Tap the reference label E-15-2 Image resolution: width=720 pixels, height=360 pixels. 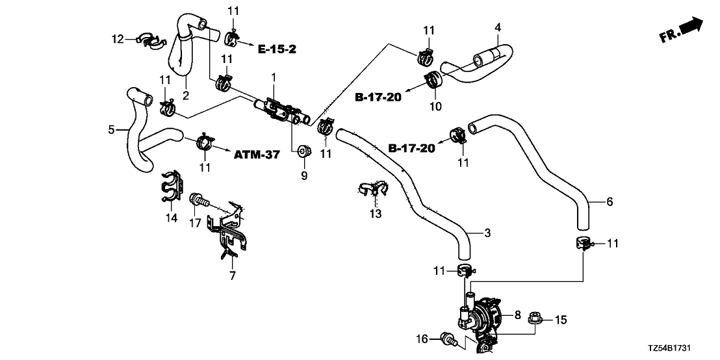click(277, 49)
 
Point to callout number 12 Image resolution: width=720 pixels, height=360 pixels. click(116, 40)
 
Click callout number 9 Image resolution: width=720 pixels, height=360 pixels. click(302, 175)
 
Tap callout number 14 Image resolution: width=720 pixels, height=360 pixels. click(171, 218)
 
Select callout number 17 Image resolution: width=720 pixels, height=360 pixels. click(194, 224)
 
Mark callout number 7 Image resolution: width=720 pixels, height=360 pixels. click(233, 276)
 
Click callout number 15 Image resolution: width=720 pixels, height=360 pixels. click(560, 320)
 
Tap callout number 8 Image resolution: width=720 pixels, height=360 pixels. click(518, 316)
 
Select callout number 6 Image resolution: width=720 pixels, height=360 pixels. click(609, 202)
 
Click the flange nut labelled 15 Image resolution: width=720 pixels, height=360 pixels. click(536, 320)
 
